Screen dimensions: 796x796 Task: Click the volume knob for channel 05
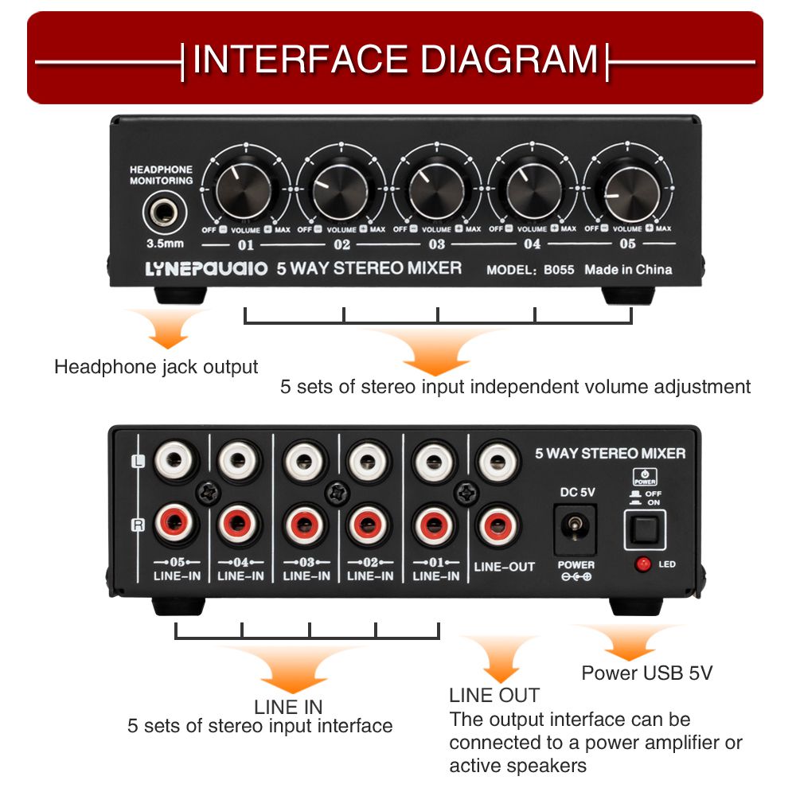click(x=627, y=189)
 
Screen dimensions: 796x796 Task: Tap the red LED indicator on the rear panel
click(x=642, y=564)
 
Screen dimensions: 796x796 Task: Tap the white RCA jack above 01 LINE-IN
click(x=435, y=459)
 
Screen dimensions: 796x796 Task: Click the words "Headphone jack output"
click(x=156, y=367)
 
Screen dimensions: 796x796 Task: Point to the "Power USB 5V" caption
click(x=646, y=673)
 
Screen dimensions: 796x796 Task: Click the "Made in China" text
click(x=628, y=269)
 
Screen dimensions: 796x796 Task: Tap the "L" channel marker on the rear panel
click(x=139, y=459)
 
